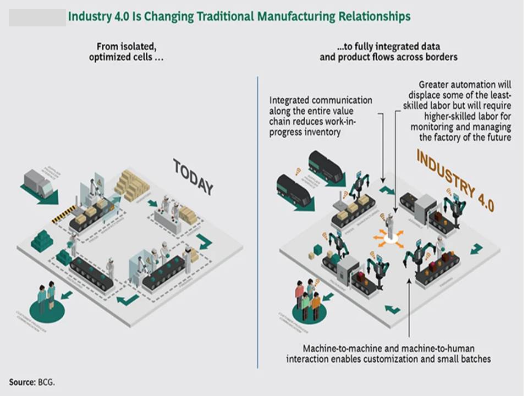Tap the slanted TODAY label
193,177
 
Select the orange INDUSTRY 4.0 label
455,180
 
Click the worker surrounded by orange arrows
390,226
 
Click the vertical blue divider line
257,220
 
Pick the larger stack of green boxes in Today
42,241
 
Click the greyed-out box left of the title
37,18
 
